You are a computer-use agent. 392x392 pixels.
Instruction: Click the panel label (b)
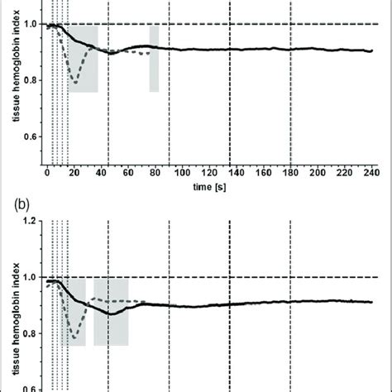tap(15, 200)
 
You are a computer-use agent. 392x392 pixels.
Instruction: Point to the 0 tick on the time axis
tap(46, 174)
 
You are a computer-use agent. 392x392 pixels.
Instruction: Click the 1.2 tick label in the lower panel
tap(30, 221)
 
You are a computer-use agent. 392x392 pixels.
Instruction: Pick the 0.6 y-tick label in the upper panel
tap(30, 137)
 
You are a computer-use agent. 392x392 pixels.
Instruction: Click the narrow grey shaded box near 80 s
tap(154, 58)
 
